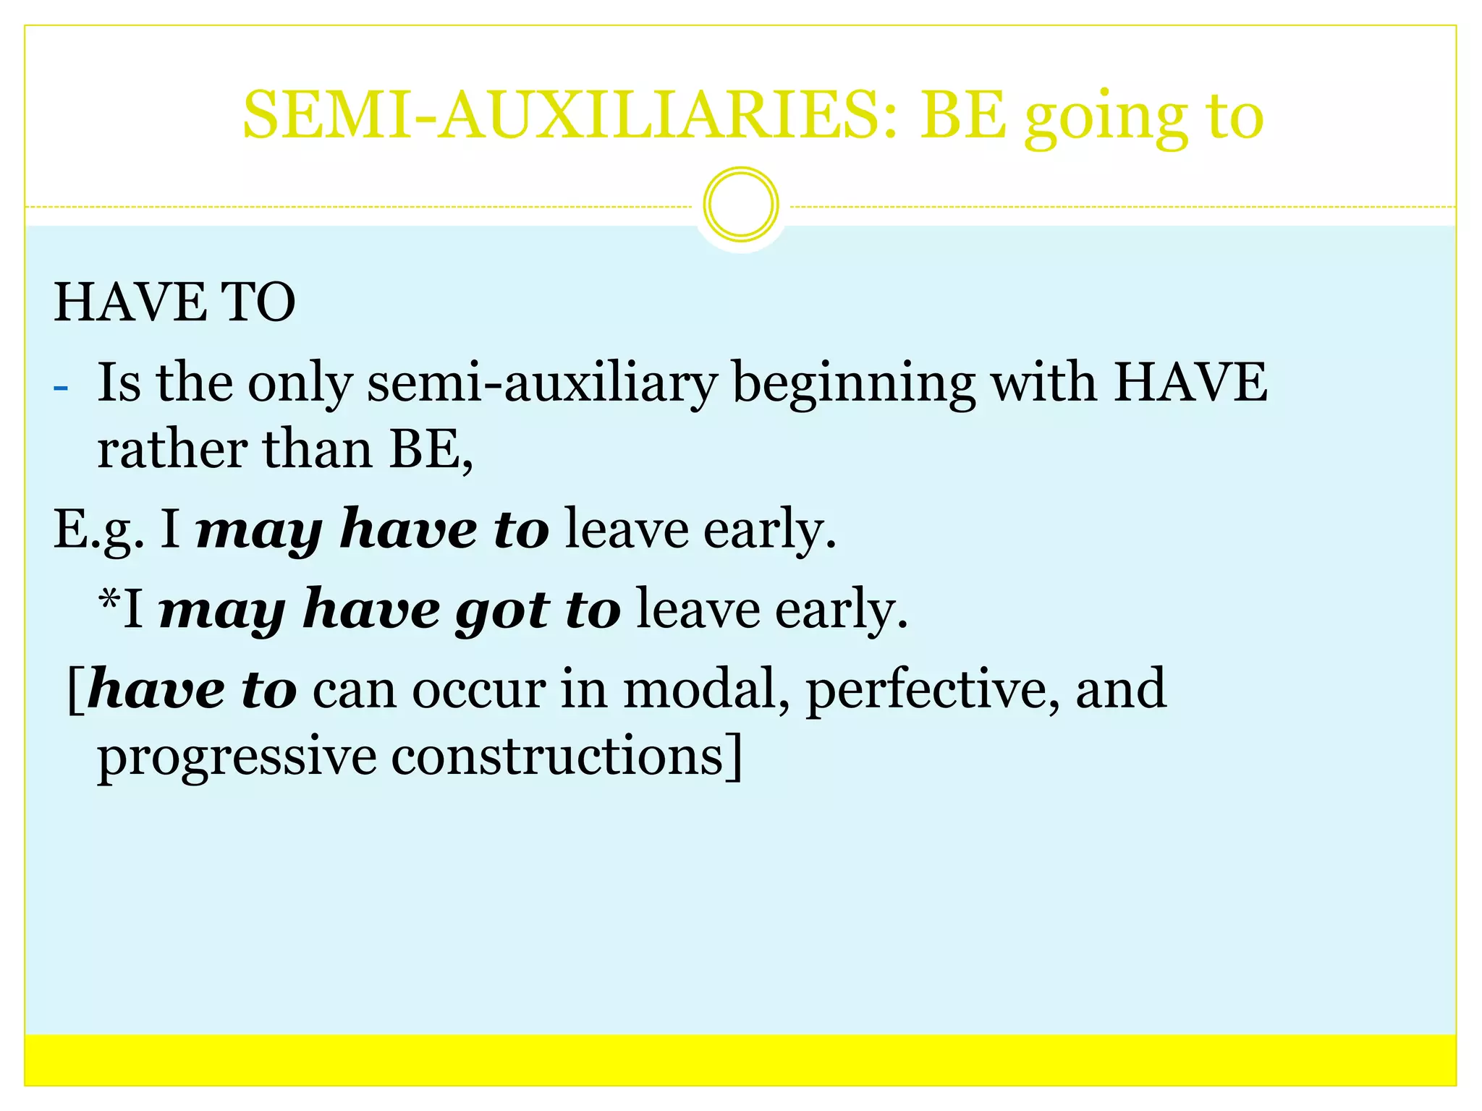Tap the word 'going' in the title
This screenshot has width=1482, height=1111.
pyautogui.click(x=1106, y=119)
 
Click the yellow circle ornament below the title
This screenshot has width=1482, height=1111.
pyautogui.click(x=741, y=205)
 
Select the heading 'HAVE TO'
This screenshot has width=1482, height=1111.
pyautogui.click(x=174, y=302)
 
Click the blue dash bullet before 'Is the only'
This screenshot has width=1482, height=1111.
pyautogui.click(x=61, y=388)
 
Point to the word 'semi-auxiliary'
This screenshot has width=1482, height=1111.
pyautogui.click(x=542, y=383)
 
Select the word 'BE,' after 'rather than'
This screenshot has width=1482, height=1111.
pyautogui.click(x=431, y=450)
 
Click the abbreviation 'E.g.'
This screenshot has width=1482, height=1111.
pyautogui.click(x=98, y=530)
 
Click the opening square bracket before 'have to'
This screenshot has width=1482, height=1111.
pyautogui.click(x=75, y=691)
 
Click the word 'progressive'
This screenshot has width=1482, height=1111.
pyautogui.click(x=237, y=759)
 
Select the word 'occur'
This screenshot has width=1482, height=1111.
pyautogui.click(x=479, y=691)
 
